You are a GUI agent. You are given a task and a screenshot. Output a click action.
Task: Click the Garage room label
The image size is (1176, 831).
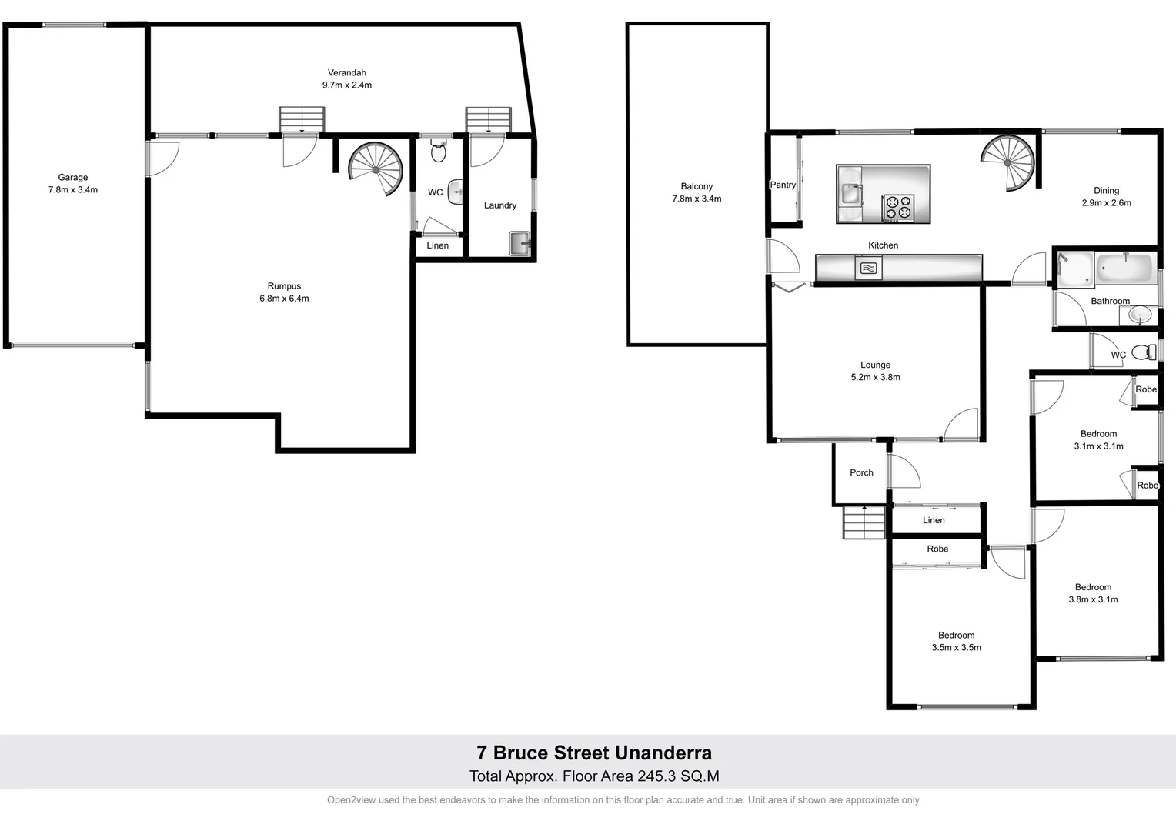73,178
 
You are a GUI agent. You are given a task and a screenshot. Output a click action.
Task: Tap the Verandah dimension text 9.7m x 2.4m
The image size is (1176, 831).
346,85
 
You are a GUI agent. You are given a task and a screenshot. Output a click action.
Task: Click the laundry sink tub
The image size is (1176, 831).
520,243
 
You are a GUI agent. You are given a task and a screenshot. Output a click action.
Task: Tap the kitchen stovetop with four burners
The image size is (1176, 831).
898,209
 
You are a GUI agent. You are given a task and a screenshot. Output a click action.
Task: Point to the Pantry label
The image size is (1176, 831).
783,185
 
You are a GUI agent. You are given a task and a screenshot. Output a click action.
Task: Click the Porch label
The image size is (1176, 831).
861,473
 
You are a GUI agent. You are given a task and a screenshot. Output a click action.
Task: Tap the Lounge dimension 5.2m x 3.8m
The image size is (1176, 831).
875,378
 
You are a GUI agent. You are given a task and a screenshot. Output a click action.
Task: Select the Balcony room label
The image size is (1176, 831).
697,186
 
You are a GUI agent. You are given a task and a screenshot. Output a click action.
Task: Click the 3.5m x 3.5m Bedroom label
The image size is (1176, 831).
956,636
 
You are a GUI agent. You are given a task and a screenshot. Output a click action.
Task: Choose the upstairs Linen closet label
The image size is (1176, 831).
934,520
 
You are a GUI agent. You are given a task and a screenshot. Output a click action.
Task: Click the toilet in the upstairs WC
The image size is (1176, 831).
1144,352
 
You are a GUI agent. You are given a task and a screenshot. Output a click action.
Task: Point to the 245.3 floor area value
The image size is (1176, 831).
656,776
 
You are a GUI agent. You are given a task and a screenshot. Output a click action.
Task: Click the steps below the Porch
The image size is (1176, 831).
864,523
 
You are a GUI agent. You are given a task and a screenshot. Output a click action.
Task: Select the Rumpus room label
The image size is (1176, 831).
284,286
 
